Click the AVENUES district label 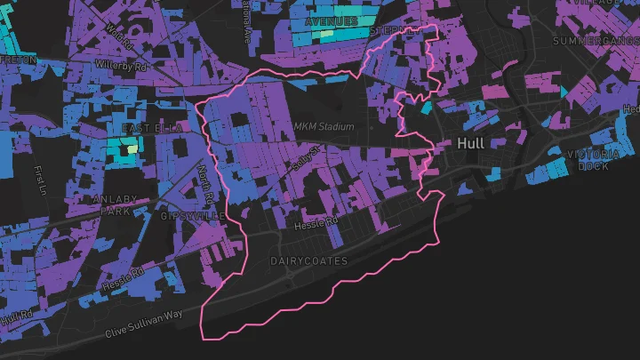331,20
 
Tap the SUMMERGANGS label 595,42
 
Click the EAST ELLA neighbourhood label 151,129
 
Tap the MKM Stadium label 324,127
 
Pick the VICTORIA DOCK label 593,160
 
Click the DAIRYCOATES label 308,260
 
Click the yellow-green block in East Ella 132,149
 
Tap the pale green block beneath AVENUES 327,34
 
